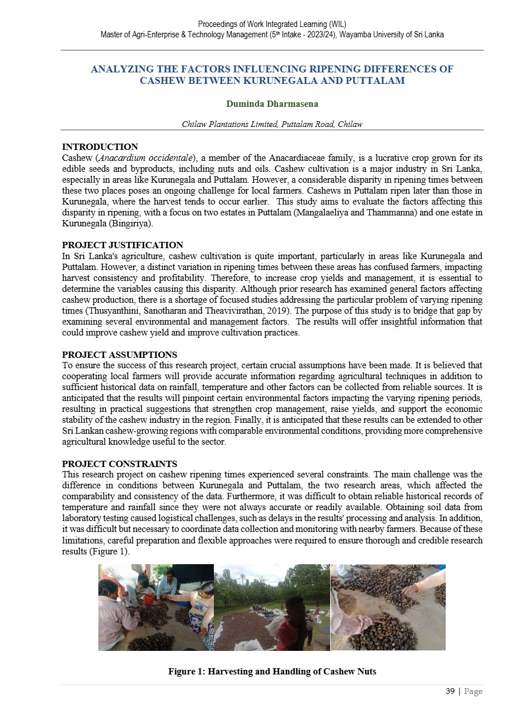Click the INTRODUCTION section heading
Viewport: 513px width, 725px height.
(99, 147)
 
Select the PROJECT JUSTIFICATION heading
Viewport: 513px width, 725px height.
(122, 245)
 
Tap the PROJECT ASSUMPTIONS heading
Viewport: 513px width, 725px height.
(119, 355)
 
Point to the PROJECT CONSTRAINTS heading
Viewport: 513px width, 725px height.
(119, 464)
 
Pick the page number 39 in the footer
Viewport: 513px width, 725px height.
(450, 691)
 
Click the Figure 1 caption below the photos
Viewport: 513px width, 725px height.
(272, 672)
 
